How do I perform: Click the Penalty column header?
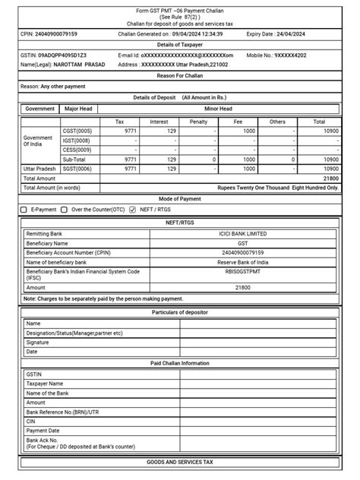click(198, 121)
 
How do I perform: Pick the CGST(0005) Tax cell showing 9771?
click(129, 131)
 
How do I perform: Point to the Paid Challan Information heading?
click(180, 363)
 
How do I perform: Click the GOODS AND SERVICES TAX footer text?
click(180, 462)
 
